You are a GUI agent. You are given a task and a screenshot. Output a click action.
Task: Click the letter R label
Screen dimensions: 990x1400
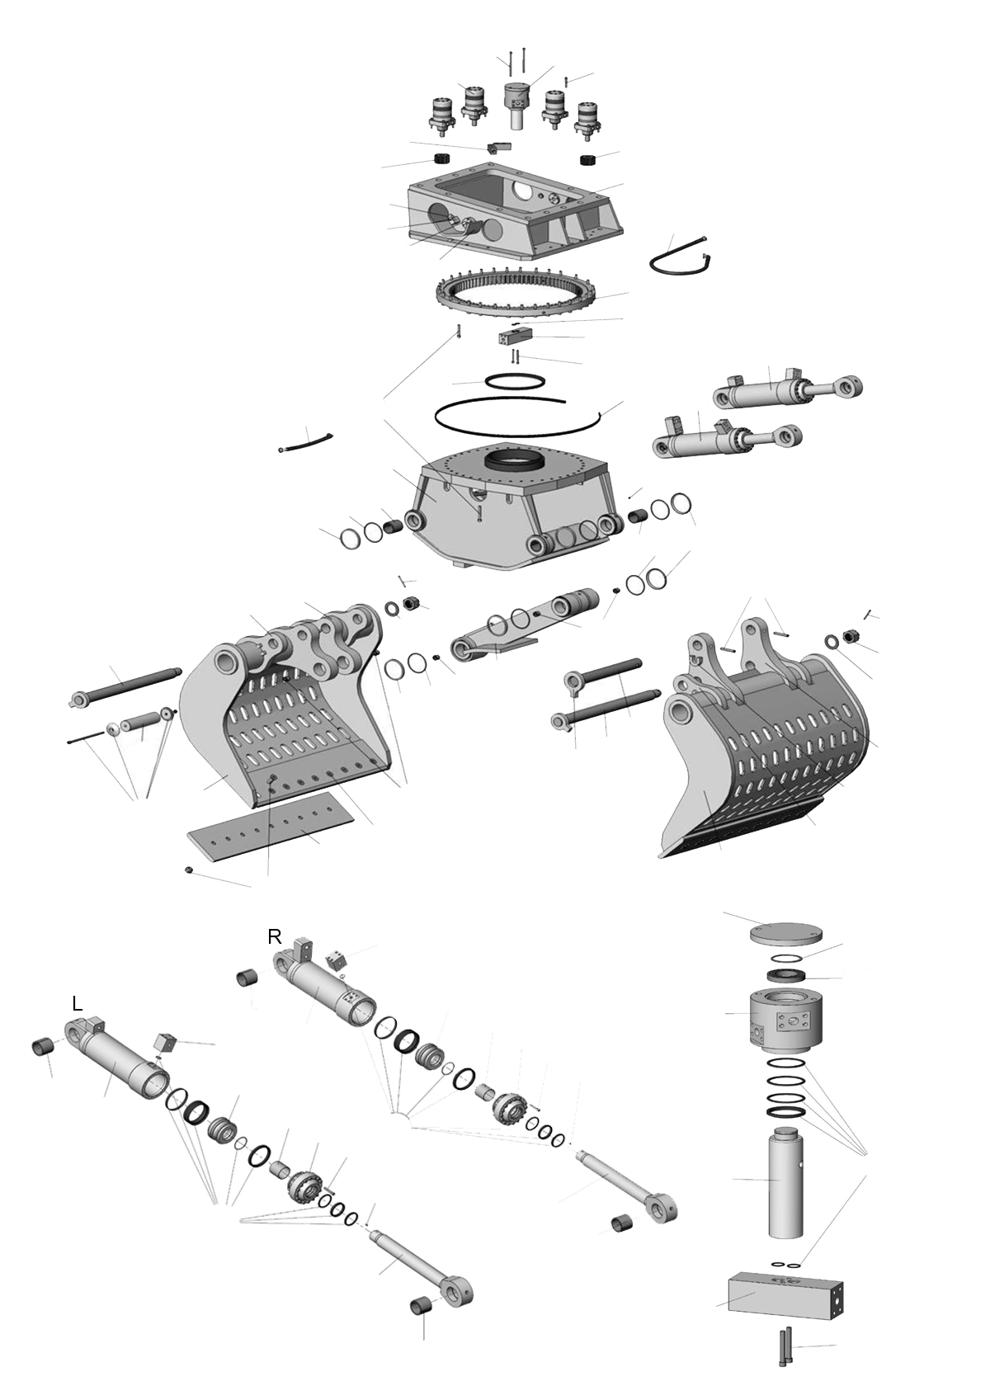(x=275, y=937)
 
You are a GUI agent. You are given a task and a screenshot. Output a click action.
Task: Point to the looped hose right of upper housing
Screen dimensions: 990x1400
(x=681, y=257)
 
